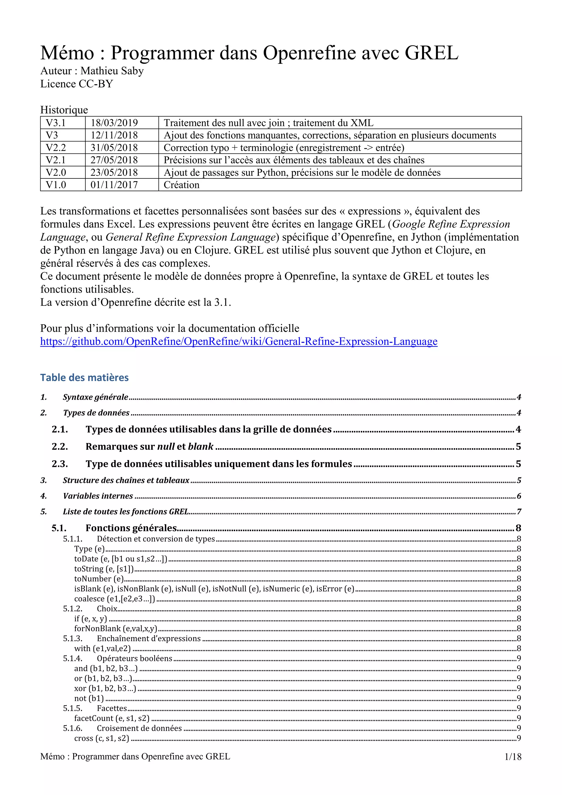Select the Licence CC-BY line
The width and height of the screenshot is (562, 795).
(77, 84)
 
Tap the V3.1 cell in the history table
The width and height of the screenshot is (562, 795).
(56, 123)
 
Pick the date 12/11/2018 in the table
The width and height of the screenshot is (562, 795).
(114, 135)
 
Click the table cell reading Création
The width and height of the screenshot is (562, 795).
(182, 185)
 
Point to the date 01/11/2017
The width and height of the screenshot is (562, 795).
(114, 185)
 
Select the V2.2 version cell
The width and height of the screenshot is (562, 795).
(56, 148)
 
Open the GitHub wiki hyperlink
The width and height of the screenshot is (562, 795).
(239, 341)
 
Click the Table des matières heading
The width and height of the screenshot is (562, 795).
(85, 377)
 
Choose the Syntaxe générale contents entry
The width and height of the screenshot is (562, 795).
(95, 397)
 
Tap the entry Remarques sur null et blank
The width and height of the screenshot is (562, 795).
(150, 447)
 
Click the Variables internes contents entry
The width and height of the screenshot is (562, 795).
(98, 496)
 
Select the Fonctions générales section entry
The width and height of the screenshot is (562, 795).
(131, 528)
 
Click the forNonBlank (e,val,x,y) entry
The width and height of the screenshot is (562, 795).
(116, 628)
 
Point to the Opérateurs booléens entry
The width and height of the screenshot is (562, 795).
(135, 658)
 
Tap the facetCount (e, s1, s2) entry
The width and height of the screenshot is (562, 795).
(112, 718)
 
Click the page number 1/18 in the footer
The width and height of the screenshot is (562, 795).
(513, 757)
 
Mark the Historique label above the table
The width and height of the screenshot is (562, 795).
(64, 110)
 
